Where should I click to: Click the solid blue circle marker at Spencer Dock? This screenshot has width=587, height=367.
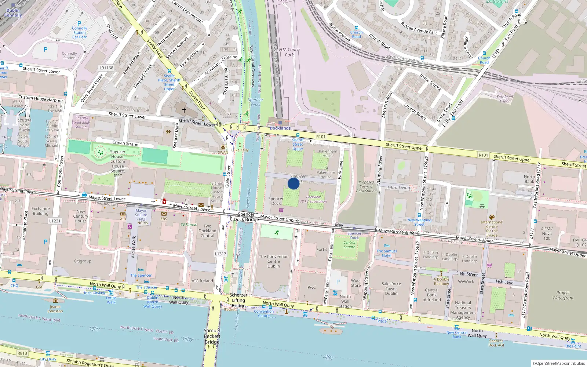coord(293,183)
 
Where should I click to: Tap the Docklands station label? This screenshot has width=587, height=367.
coord(280,128)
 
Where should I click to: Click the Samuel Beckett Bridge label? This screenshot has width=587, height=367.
coord(212,336)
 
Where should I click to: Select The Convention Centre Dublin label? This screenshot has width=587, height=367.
coord(274,261)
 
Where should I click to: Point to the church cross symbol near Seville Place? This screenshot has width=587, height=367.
coord(184,109)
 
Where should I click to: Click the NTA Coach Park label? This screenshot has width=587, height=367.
coord(289,52)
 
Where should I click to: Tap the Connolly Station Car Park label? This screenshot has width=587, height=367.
coord(80,33)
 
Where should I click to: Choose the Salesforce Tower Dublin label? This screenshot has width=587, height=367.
coord(391,288)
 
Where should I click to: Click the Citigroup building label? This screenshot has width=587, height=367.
coord(82,261)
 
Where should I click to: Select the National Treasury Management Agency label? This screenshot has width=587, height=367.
coord(463,310)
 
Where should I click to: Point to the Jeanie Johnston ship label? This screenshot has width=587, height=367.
coord(55,309)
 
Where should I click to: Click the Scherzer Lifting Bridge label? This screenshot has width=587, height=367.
coord(238,300)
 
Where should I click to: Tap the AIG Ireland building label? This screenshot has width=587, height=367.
coord(202,281)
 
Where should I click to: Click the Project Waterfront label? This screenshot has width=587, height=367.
coord(563,295)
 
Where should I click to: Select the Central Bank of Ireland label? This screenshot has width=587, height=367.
coord(432,295)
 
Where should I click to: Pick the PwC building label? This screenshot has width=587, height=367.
coord(311,287)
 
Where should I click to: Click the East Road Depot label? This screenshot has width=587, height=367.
coord(504,99)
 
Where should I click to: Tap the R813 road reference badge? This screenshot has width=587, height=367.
coord(22,353)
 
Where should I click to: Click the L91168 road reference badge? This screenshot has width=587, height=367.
coord(106,68)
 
